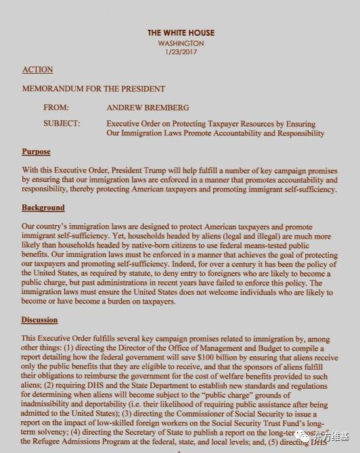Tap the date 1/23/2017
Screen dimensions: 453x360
coord(180,52)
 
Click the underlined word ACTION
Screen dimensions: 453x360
coord(37,70)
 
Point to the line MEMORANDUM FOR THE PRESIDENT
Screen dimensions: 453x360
coord(93,89)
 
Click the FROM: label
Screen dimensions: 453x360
coord(55,107)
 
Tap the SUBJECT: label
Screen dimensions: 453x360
coord(62,124)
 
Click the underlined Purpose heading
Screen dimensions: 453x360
coord(36,151)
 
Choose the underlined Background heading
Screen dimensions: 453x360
coord(43,208)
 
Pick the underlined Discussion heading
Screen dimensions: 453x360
coord(39,320)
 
